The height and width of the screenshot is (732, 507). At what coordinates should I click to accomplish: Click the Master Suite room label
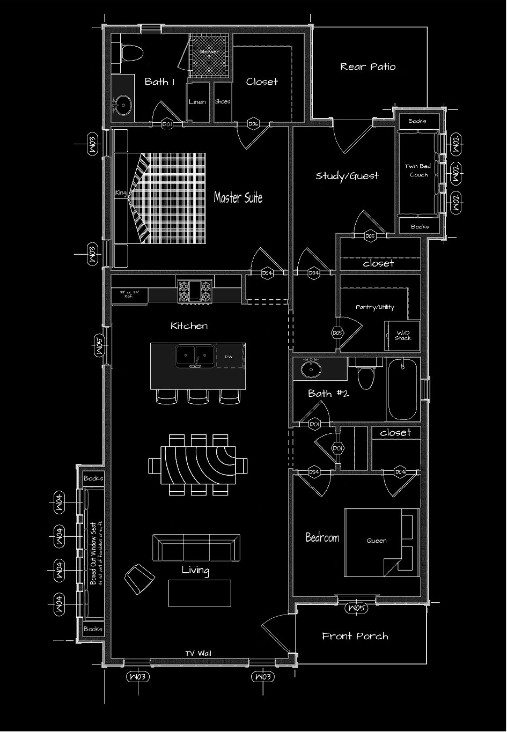238,197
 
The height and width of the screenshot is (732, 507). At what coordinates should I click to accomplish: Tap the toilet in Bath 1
131,53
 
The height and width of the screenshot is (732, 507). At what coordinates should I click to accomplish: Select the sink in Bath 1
123,104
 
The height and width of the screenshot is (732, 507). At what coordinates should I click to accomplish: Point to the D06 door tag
253,124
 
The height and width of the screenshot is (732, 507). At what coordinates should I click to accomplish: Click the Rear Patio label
368,66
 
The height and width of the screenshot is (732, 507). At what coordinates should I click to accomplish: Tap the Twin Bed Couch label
418,171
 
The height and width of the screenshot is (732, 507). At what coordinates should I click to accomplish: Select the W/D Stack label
403,336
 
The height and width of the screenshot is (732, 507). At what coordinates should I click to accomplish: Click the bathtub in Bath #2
403,389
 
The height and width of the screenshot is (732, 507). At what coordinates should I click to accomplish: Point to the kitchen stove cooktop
195,291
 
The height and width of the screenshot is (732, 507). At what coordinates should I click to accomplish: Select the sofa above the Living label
195,547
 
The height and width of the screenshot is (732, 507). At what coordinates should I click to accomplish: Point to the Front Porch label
355,636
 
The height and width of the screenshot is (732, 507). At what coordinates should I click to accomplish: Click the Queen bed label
377,541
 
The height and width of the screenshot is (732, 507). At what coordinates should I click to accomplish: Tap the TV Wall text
199,653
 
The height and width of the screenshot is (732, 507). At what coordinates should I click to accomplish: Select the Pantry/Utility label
375,307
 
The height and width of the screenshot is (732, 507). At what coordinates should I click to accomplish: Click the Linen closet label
197,102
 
